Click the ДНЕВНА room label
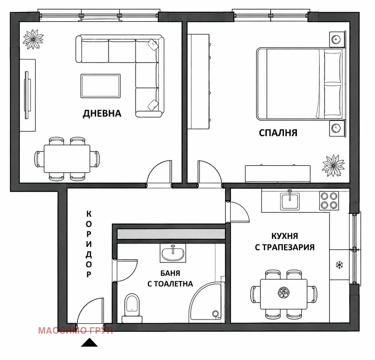click(x=102, y=114)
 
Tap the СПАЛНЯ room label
click(x=278, y=133)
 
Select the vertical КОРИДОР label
click(x=89, y=244)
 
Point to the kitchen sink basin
click(x=290, y=202)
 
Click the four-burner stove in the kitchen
click(x=329, y=201)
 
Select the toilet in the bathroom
click(x=132, y=308)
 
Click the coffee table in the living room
click(x=100, y=86)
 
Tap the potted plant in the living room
click(x=33, y=39)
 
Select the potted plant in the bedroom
click(x=333, y=166)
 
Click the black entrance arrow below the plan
click(x=89, y=342)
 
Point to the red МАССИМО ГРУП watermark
click(x=76, y=331)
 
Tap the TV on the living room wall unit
click(x=27, y=95)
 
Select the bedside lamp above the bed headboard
click(x=336, y=39)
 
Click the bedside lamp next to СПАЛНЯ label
click(x=336, y=128)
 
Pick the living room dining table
click(x=67, y=158)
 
